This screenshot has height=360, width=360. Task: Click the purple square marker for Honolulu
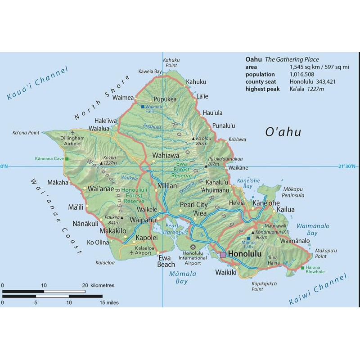pyautogui.click(x=223, y=255)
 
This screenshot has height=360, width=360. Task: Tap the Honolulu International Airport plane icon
pyautogui.click(x=193, y=247)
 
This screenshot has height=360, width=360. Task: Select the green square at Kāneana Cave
pyautogui.click(x=67, y=159)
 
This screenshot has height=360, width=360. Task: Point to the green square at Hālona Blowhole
pyautogui.click(x=302, y=268)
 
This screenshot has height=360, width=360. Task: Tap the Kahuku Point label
pyautogui.click(x=171, y=63)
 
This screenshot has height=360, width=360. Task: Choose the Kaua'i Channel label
pyautogui.click(x=37, y=83)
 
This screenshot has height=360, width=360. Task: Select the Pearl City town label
pyautogui.click(x=193, y=205)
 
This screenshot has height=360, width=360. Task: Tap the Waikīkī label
pyautogui.click(x=226, y=272)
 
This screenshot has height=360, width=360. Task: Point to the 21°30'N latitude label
pyautogui.click(x=348, y=166)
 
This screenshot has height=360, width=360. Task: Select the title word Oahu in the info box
pyautogui.click(x=253, y=59)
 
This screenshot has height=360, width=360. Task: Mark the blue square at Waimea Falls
pyautogui.click(x=142, y=107)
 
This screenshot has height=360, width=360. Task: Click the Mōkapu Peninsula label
pyautogui.click(x=293, y=192)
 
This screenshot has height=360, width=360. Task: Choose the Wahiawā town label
pyautogui.click(x=166, y=155)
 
